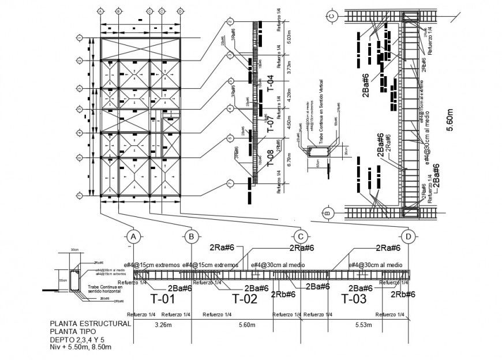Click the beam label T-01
click(x=162, y=299)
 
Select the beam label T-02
click(x=244, y=299)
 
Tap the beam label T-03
click(x=354, y=299)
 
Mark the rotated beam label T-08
click(x=269, y=157)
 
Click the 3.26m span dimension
click(x=164, y=325)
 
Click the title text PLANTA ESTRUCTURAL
click(x=91, y=324)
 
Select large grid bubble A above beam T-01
click(x=133, y=237)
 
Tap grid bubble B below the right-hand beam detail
click(x=328, y=213)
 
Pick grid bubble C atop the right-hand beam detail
click(x=332, y=16)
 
